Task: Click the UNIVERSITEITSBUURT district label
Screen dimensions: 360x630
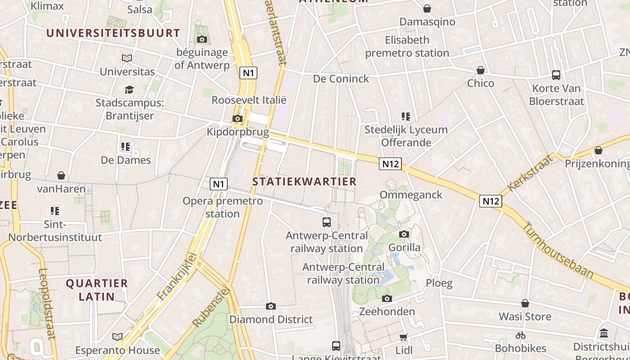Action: pos(113,33)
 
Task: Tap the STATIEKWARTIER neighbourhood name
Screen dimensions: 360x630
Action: pos(304,181)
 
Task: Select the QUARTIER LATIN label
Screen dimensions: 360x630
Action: pos(97,290)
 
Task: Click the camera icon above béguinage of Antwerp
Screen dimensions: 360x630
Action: pos(202,40)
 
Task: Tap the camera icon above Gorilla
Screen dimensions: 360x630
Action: pos(404,234)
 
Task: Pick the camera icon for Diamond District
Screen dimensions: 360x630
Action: pos(270,306)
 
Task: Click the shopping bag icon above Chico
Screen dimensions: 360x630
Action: pos(481,70)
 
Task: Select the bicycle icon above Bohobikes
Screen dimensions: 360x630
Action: pos(521,335)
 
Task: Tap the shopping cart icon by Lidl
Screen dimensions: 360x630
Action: pos(404,337)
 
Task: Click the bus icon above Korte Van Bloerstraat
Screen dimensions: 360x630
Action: pos(556,75)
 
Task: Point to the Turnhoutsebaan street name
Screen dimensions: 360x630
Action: pos(558,251)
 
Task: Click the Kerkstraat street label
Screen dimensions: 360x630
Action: pos(529,173)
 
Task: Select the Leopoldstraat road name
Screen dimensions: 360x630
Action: pos(47,303)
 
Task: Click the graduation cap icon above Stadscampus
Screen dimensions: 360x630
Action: pos(130,90)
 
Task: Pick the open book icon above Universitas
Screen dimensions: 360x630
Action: pos(127,58)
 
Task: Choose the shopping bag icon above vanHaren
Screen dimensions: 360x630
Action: pos(61,175)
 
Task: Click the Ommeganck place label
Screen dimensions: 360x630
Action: pos(411,195)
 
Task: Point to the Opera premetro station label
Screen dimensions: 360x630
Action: pos(222,207)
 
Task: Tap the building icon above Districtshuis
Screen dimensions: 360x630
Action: pos(604,333)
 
